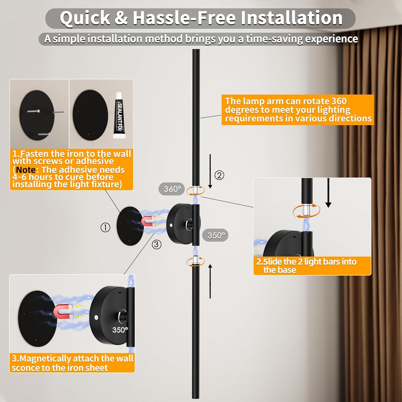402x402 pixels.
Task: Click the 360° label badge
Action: point(172,189)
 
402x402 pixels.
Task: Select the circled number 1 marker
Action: point(105,228)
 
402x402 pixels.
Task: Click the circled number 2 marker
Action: point(219,175)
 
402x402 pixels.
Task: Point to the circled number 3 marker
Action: point(157,244)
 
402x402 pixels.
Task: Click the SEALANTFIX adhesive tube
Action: point(119,116)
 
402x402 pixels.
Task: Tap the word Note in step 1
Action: point(26,170)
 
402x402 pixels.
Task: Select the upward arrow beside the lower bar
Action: point(210,281)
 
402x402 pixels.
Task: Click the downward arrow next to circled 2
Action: point(210,171)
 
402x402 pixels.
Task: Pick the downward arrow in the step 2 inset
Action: point(328,193)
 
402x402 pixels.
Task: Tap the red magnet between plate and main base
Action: point(148,221)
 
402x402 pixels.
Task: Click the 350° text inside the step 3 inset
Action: point(120,330)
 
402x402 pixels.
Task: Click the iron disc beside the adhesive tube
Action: point(91,115)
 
